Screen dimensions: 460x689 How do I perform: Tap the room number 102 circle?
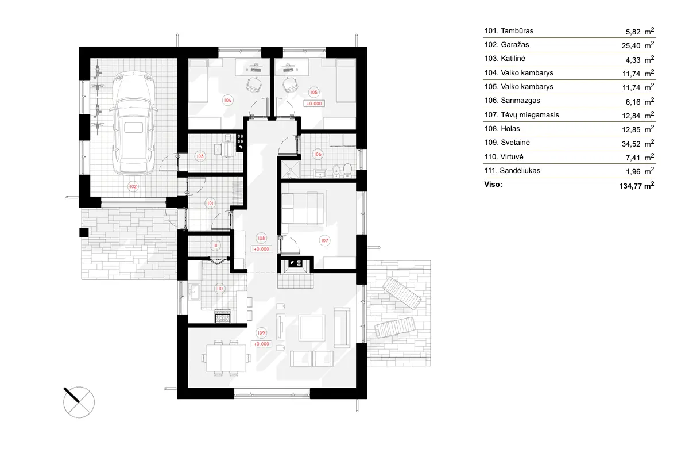133,186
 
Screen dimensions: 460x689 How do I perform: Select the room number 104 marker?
228,99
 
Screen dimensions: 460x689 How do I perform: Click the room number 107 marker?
324,241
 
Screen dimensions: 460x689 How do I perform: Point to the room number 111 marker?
215,246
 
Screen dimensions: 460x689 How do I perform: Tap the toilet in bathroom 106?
347,170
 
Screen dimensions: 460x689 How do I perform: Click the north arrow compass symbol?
78,400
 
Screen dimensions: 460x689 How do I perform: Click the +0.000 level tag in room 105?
314,104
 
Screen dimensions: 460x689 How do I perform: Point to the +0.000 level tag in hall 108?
261,249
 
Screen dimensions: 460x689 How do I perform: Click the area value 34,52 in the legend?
630,143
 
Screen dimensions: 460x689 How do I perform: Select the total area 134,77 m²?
634,185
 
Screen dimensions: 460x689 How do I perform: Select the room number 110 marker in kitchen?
219,288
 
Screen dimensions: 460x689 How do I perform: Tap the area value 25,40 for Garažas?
630,45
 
